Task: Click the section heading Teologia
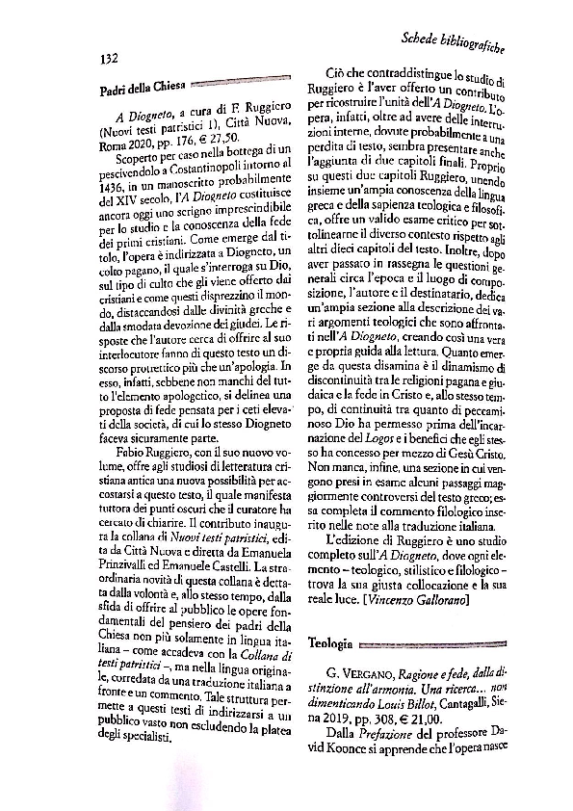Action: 330,642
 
